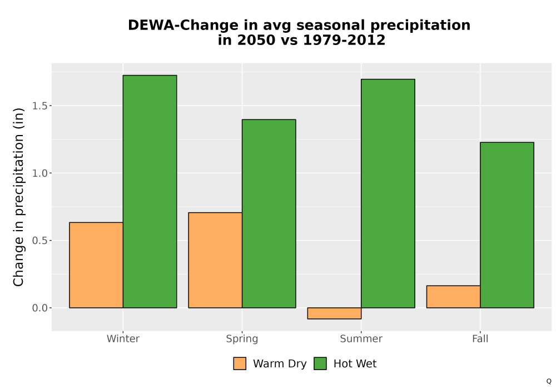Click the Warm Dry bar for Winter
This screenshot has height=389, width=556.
96,265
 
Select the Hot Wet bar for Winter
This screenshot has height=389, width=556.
150,191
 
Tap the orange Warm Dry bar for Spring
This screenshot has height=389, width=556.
215,260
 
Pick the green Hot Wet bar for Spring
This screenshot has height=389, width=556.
269,213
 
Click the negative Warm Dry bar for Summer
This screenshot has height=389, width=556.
334,313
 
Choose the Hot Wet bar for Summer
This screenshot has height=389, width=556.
388,193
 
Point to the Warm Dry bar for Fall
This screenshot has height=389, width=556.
454,297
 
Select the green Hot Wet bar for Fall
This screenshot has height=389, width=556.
507,225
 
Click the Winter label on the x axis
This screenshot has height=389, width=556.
123,338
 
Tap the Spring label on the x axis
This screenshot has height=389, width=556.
242,339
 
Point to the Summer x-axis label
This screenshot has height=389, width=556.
361,338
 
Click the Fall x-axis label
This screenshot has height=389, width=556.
480,338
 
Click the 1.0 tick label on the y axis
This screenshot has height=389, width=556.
39,173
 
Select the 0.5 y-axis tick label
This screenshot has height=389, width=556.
39,241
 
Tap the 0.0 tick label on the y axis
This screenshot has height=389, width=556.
39,308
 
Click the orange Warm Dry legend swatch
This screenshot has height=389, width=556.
240,363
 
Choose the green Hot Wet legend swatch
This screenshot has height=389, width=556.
320,363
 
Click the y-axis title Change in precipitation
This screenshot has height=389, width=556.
18,197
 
